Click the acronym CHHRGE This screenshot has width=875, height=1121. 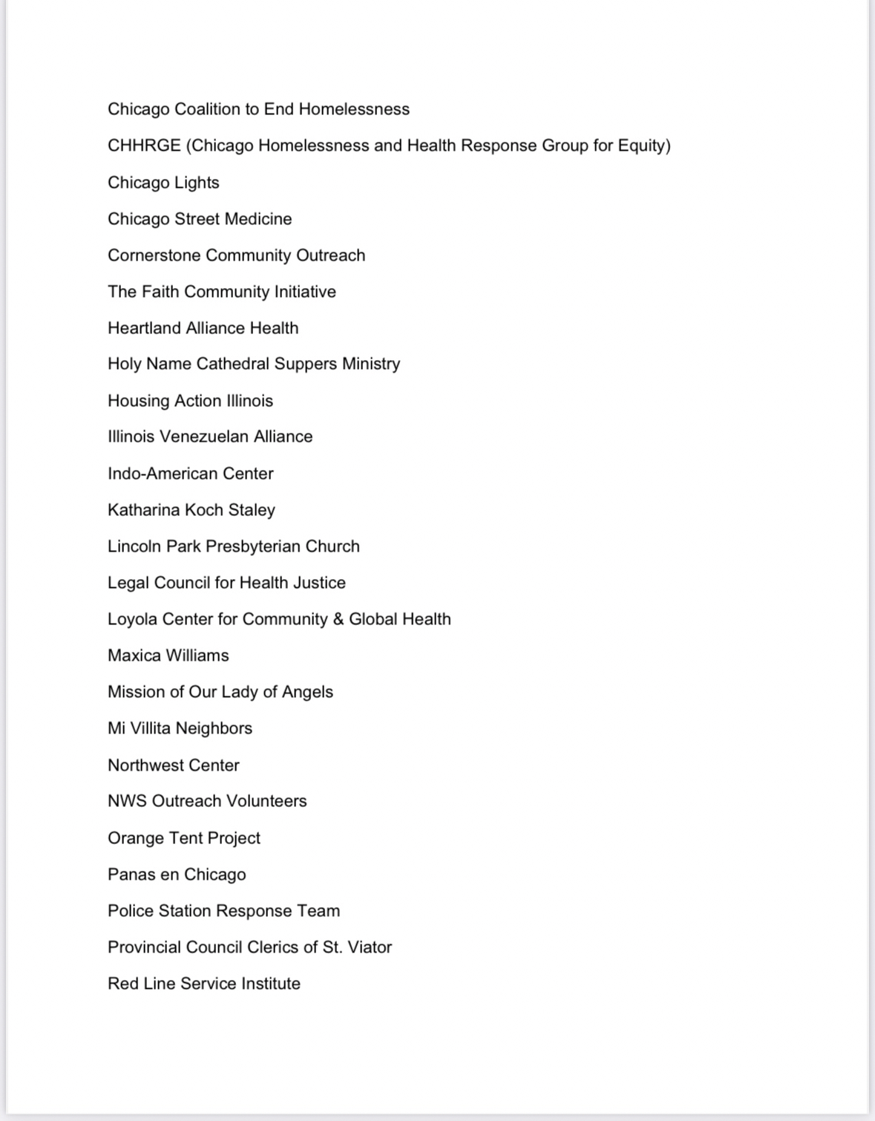coord(144,146)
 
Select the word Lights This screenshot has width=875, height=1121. coord(197,183)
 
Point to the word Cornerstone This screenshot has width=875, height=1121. coord(154,255)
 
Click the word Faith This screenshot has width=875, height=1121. coord(160,292)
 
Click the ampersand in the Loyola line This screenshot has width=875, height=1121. coord(338,619)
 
